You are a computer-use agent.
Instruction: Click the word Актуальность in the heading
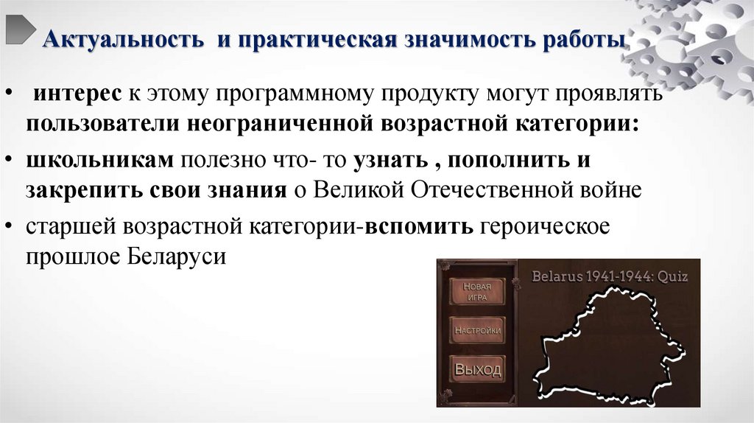pyautogui.click(x=122, y=38)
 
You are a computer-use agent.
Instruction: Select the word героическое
pyautogui.click(x=545, y=226)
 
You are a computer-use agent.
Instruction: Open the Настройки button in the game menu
pyautogui.click(x=476, y=331)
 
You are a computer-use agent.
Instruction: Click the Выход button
pyautogui.click(x=476, y=368)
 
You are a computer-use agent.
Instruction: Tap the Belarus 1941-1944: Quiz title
pyautogui.click(x=610, y=277)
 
